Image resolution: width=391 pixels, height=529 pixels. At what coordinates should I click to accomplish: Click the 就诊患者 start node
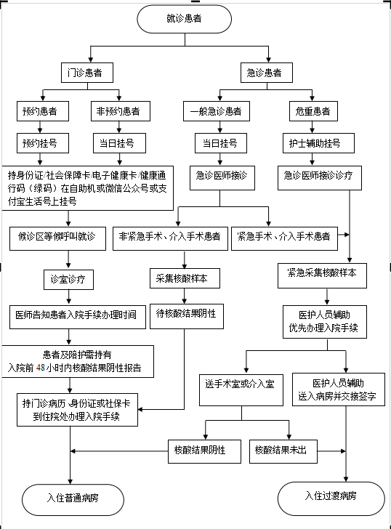coord(184,19)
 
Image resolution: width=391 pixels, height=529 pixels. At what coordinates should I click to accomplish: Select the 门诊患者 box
coord(87,73)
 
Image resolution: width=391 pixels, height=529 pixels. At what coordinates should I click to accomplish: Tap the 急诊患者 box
coord(267,73)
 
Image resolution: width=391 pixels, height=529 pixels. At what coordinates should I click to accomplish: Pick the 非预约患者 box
coord(121,111)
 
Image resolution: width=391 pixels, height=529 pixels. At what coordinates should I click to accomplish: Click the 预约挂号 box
coord(43,143)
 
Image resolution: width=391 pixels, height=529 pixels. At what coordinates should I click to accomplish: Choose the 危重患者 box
coord(313,111)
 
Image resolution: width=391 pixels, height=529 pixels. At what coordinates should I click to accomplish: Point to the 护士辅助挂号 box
coord(318,143)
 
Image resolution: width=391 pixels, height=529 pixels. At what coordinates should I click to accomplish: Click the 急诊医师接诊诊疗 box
coord(320,178)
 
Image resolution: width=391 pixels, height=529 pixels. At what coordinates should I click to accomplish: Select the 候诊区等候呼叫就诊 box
coord(57,238)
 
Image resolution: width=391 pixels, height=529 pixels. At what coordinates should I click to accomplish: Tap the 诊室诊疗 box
coord(68,279)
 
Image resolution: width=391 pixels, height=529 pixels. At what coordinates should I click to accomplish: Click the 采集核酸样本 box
coord(185,278)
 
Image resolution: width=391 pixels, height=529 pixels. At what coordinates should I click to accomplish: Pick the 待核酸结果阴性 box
coord(187,317)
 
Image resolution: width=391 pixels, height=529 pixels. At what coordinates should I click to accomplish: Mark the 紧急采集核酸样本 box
coord(322,275)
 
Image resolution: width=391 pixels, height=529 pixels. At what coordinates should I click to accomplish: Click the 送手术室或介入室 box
coord(241,390)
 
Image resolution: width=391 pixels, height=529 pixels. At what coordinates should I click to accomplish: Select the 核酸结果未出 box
coord(283,451)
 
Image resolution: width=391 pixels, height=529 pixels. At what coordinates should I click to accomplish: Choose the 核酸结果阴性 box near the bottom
coord(204,451)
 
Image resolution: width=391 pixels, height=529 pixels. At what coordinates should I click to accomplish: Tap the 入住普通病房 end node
coord(73,500)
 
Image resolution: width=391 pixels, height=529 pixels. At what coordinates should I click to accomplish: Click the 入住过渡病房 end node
coord(331,498)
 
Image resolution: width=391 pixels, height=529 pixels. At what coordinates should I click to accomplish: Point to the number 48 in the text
coord(41,368)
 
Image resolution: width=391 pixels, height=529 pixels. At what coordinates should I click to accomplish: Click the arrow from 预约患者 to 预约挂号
coord(40,127)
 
